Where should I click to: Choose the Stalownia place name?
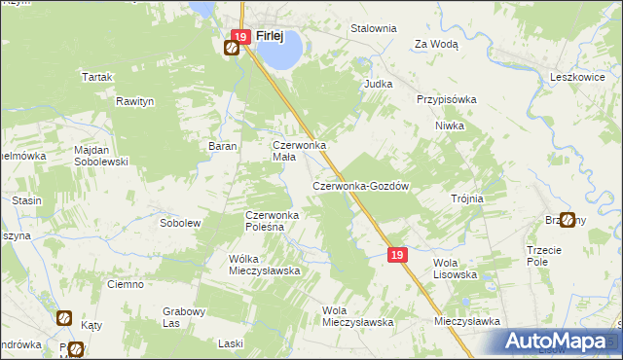pos(374,28)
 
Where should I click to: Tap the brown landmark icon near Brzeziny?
pos(567,220)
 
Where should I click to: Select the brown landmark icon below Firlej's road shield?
pos(234,50)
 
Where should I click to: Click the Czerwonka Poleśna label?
pos(276,220)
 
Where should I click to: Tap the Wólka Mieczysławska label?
pos(264,265)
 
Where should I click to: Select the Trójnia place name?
pos(467,198)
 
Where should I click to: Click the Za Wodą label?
pos(436,44)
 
